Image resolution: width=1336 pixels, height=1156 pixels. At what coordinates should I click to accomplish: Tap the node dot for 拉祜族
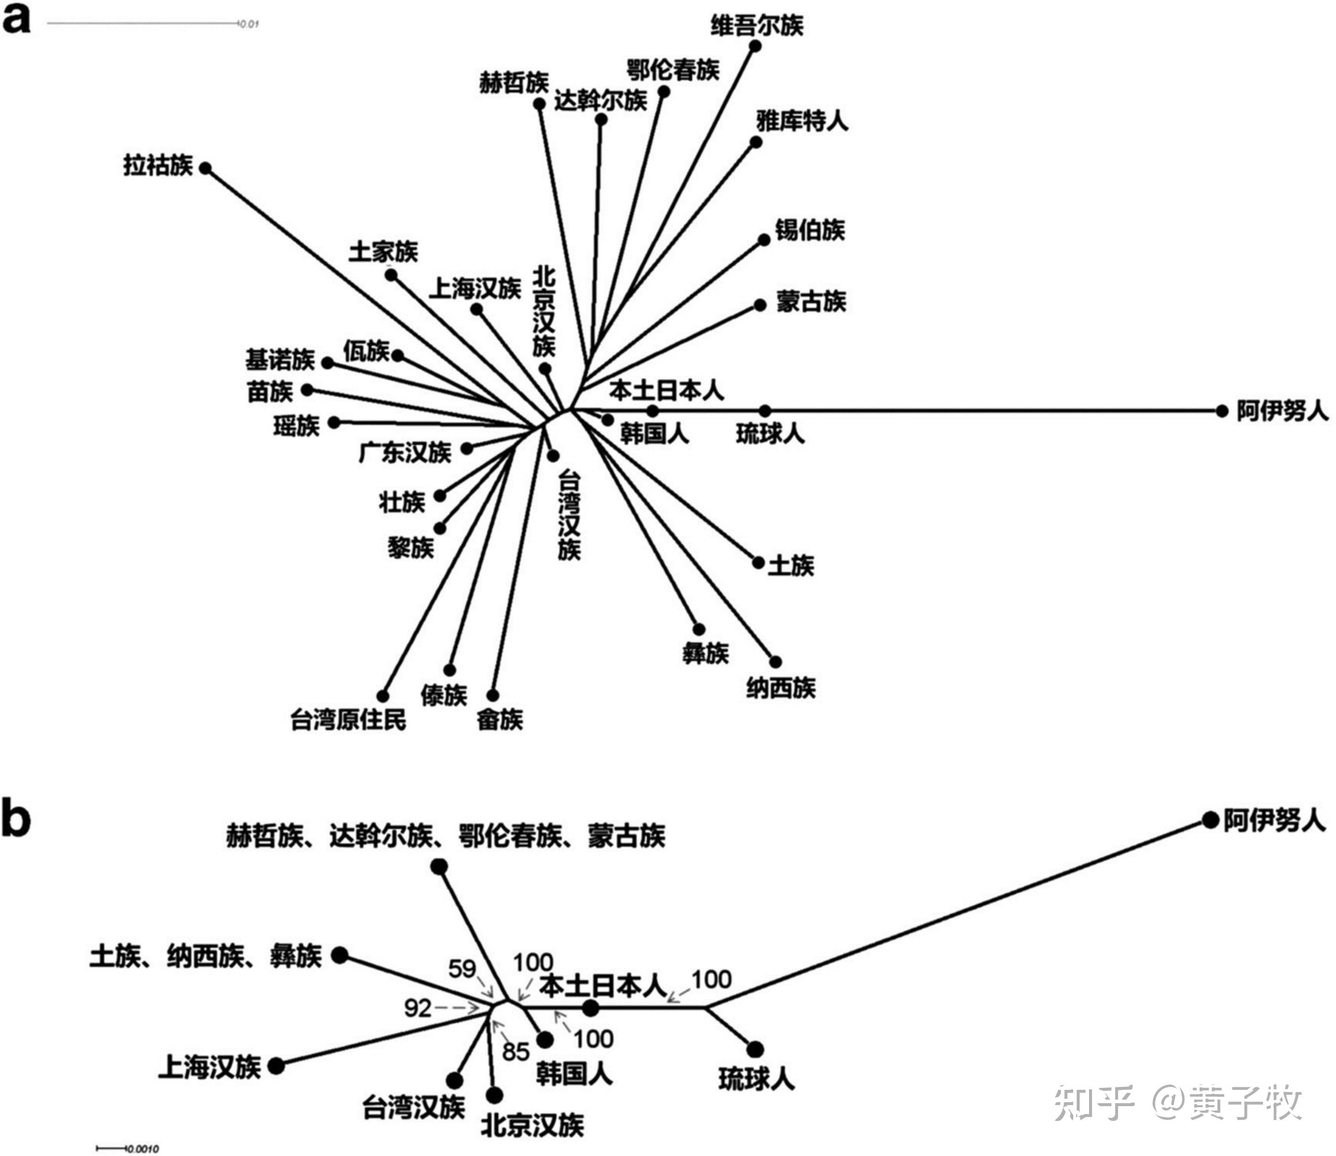(205, 168)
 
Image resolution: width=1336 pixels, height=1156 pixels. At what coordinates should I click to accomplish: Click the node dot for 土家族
(391, 275)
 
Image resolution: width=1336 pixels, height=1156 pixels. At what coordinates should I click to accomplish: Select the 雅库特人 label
(802, 120)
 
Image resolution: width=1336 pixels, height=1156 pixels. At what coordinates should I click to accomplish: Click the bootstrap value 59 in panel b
(462, 968)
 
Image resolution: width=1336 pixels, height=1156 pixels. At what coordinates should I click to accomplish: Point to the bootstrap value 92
(417, 1007)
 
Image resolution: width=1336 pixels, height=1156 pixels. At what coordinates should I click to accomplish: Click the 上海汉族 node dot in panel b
(276, 1066)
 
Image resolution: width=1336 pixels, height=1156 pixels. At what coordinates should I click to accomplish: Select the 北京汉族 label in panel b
(532, 1126)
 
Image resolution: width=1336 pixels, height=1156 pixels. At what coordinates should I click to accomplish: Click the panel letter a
(16, 19)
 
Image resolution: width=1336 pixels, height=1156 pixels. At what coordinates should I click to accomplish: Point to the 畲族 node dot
(492, 695)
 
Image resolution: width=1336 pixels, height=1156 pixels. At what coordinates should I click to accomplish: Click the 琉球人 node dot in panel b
(755, 1049)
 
